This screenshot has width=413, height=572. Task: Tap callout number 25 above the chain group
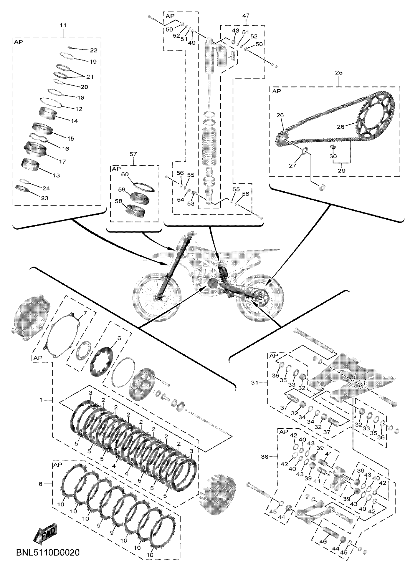(339, 73)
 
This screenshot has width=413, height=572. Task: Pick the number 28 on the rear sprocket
(341, 127)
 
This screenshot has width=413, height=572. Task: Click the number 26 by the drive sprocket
(280, 115)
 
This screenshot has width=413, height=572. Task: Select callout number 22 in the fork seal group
(94, 51)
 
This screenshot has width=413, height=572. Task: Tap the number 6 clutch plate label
(119, 338)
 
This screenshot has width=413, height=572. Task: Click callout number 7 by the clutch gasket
(85, 313)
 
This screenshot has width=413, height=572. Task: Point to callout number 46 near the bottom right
(323, 541)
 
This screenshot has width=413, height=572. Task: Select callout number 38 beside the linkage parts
(264, 457)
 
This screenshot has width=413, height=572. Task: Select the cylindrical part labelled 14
(48, 113)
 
